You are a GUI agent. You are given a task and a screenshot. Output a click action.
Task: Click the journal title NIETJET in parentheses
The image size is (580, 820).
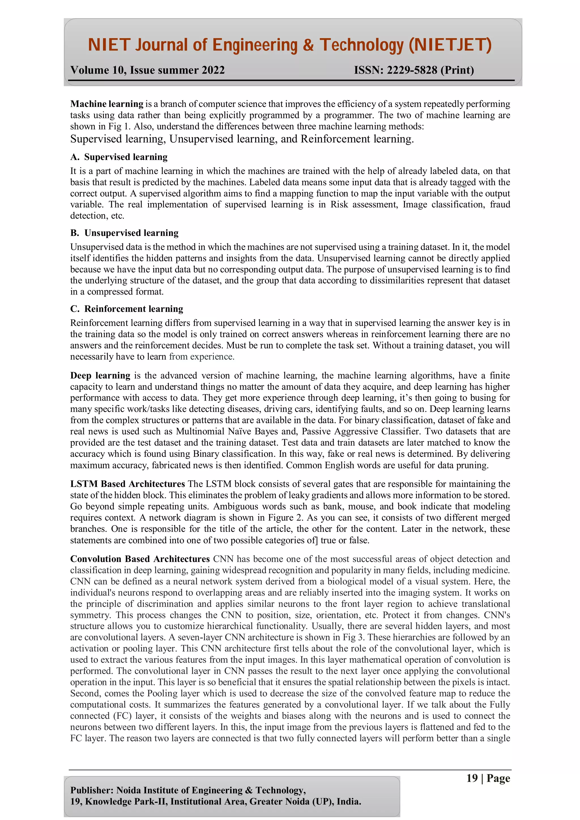450,45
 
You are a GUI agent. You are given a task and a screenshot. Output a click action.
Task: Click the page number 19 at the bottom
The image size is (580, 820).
472,778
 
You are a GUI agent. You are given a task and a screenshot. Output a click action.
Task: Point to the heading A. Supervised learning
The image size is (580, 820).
119,157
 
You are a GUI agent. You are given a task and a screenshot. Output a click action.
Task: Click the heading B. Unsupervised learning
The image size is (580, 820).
124,233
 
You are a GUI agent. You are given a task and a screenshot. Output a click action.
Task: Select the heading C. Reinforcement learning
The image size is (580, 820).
127,309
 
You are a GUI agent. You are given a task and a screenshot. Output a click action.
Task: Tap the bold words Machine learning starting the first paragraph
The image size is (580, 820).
106,104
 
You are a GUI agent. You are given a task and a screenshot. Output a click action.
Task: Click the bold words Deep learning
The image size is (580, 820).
100,376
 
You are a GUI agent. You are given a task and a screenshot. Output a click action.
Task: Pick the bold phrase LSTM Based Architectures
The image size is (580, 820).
127,484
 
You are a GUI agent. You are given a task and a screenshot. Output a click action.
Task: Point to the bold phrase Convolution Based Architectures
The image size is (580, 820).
140,559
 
